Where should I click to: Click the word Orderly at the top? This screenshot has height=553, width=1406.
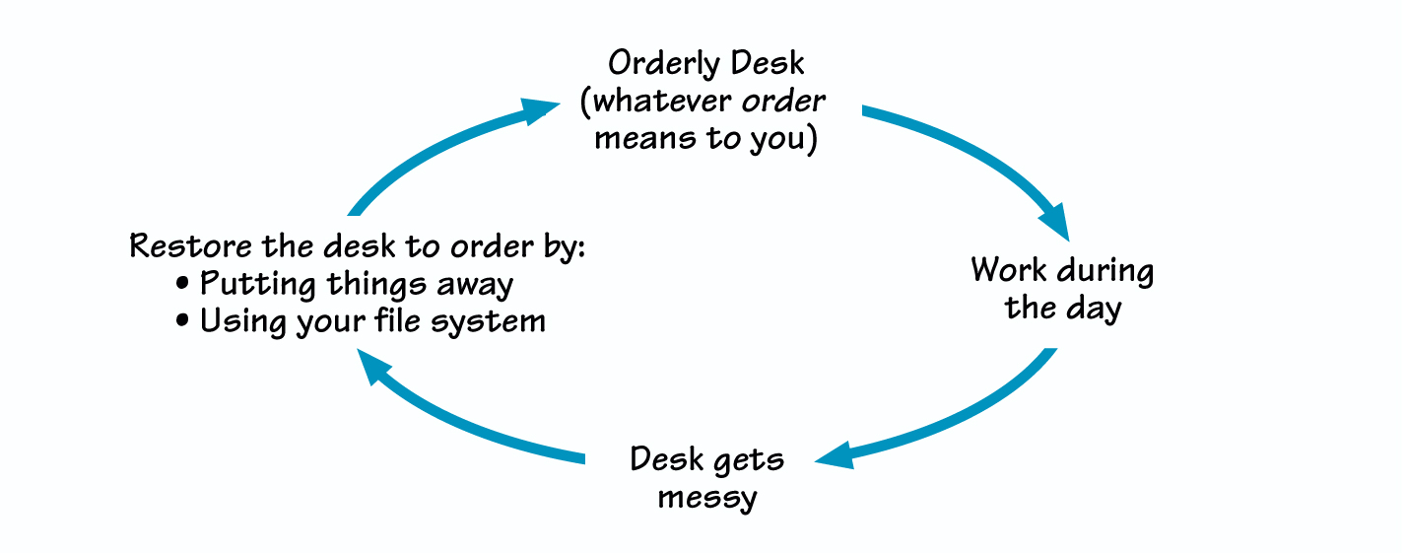654,65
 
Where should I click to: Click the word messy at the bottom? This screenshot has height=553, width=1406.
706,497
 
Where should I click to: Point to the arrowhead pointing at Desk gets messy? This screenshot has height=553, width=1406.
834,455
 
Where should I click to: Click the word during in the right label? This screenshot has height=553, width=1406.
1105,271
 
